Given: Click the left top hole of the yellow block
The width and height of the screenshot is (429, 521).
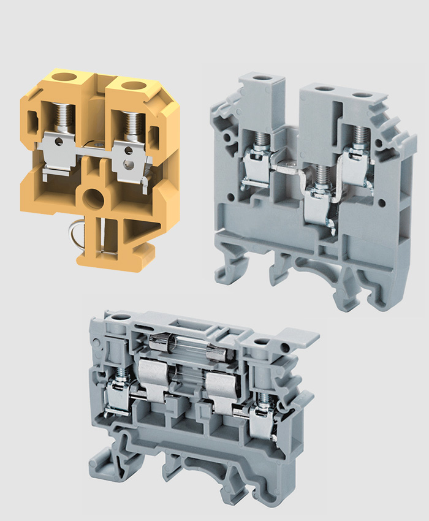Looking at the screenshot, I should point(63,78).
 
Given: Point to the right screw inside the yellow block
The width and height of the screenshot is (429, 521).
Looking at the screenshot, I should point(129,123).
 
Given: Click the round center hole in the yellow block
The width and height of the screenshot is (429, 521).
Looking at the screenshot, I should point(94,199).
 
